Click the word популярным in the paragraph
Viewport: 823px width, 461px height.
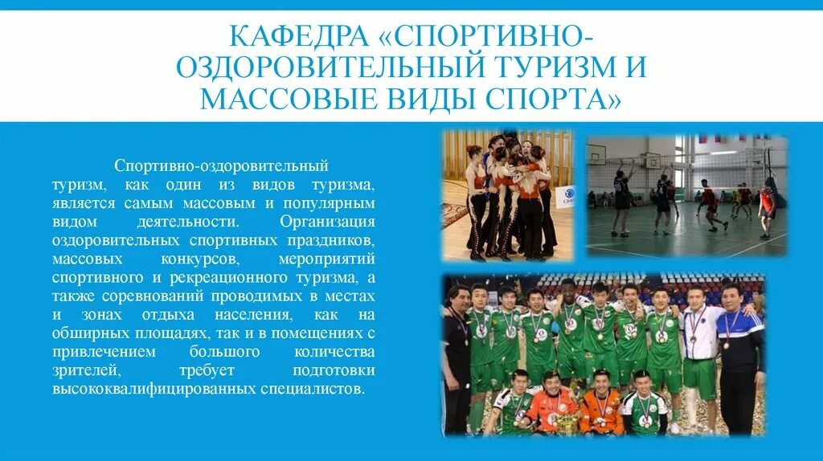tap(331, 202)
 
